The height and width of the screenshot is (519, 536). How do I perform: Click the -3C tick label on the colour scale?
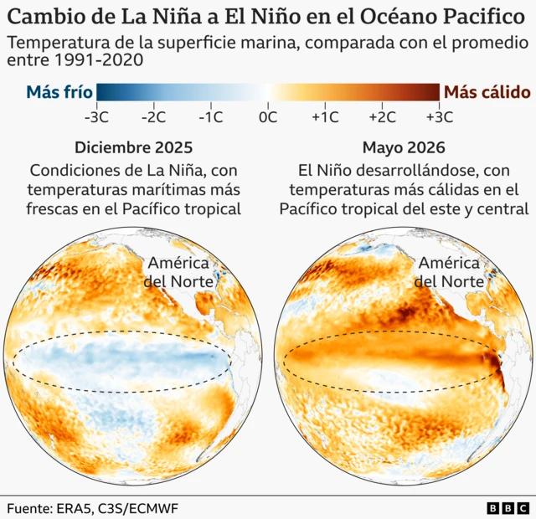pyautogui.click(x=97, y=117)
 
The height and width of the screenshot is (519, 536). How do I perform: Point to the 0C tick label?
pyautogui.click(x=268, y=117)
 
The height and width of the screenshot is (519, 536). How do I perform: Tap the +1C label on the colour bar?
pyautogui.click(x=325, y=117)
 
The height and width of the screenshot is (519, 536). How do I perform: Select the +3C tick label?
pyautogui.click(x=440, y=117)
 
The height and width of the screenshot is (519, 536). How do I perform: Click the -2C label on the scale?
pyautogui.click(x=154, y=117)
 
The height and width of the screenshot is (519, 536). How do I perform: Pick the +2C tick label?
pyautogui.click(x=382, y=117)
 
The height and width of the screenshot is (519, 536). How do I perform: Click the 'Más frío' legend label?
pyautogui.click(x=59, y=92)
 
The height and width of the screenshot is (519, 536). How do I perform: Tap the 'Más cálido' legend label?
pyautogui.click(x=487, y=92)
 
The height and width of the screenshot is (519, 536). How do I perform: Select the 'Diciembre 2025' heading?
pyautogui.click(x=134, y=147)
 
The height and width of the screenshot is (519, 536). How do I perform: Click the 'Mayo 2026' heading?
pyautogui.click(x=404, y=147)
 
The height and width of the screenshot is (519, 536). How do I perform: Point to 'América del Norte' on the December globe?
pyautogui.click(x=178, y=272)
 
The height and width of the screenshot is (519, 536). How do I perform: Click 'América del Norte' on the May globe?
pyautogui.click(x=449, y=272)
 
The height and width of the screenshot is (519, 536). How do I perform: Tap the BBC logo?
pyautogui.click(x=508, y=508)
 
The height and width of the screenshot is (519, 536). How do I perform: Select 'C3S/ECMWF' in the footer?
pyautogui.click(x=138, y=508)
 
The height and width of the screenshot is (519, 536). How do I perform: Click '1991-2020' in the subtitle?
pyautogui.click(x=99, y=60)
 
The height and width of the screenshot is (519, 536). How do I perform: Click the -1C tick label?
pyautogui.click(x=211, y=117)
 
